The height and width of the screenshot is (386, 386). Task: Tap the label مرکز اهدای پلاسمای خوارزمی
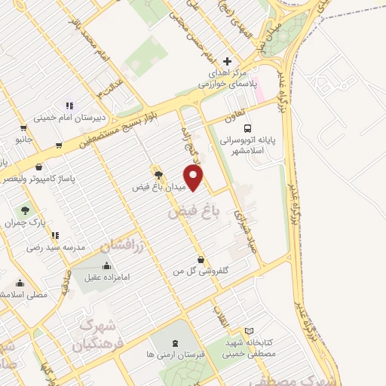pos(228,79)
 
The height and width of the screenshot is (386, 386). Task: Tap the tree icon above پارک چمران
pos(26,210)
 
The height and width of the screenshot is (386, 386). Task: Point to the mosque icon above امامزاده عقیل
pos(104,265)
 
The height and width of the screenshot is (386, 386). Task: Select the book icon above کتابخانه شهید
pos(250,330)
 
